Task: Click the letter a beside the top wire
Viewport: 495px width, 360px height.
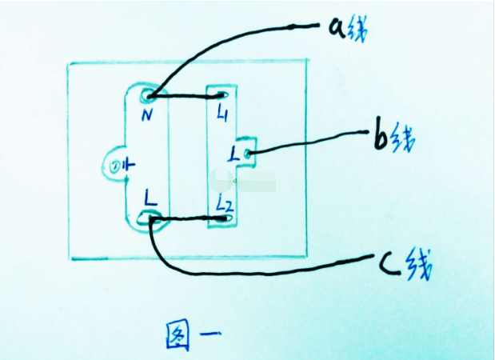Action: (x=337, y=28)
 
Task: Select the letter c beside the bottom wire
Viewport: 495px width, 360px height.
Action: (x=389, y=266)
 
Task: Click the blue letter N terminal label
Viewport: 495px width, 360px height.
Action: (x=147, y=114)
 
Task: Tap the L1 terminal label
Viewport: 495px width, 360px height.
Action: (x=222, y=113)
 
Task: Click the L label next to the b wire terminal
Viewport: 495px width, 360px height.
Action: (x=234, y=154)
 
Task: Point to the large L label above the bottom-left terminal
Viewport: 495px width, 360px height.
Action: (x=150, y=198)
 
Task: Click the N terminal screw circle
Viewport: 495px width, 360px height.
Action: (x=149, y=95)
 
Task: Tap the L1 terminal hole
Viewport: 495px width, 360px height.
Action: (x=222, y=95)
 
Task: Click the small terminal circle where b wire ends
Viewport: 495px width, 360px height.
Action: (x=248, y=154)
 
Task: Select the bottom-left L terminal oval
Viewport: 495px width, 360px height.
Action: (x=149, y=218)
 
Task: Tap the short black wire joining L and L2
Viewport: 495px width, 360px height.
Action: (x=187, y=218)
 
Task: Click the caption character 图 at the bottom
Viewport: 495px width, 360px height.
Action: (x=178, y=334)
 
